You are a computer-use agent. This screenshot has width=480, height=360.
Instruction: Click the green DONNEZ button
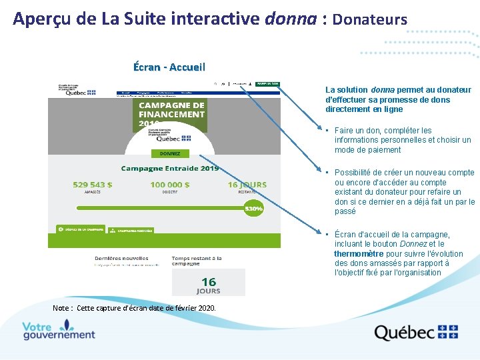pos(170,153)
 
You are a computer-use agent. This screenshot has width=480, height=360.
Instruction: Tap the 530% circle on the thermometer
pos(254,209)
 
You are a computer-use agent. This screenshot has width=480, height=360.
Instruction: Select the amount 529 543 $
pos(92,185)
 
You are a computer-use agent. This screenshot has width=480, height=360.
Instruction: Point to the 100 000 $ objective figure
pos(170,185)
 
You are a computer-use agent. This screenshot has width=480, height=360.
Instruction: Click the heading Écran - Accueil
pos(169,67)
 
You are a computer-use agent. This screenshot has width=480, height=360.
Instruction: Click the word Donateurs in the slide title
pos(369,19)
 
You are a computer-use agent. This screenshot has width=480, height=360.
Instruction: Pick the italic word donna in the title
pos(290,19)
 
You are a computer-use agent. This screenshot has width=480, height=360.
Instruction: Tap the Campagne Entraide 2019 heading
pos(170,169)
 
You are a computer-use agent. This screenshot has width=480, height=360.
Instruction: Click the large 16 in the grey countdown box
pos(209,282)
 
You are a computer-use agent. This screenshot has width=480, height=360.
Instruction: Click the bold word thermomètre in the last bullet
pos(359,253)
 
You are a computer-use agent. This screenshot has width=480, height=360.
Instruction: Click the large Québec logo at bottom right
pos(416,332)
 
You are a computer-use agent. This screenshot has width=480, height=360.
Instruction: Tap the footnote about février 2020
pos(134,308)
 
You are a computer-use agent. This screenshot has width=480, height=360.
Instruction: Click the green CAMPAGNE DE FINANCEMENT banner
pos(171,114)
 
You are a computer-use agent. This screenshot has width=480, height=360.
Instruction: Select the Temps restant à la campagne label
pos(197,261)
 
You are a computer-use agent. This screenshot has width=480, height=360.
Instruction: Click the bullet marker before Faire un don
pos(328,131)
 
